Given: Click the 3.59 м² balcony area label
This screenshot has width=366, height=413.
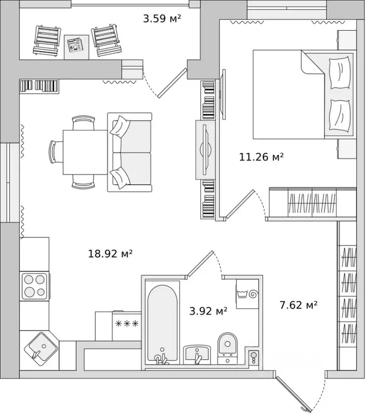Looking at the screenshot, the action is pyautogui.click(x=162, y=18).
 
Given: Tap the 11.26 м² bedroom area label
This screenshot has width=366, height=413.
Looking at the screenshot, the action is pyautogui.click(x=261, y=157).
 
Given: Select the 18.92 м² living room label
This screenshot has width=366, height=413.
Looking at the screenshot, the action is pyautogui.click(x=110, y=254).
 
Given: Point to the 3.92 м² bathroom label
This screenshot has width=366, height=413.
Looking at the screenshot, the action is pyautogui.click(x=208, y=311).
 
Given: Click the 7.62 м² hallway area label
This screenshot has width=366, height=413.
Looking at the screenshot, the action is pyautogui.click(x=298, y=305).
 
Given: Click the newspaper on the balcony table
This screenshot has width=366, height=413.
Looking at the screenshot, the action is pyautogui.click(x=75, y=45).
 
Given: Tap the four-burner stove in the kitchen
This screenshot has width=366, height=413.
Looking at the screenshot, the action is pyautogui.click(x=35, y=286).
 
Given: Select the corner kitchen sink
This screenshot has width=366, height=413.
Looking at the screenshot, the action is pyautogui.click(x=41, y=349).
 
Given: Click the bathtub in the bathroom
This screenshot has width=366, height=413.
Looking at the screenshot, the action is pyautogui.click(x=162, y=322).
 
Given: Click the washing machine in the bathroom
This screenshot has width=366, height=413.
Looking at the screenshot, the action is pyautogui.click(x=247, y=294).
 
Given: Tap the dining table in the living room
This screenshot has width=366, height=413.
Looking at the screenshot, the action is pyautogui.click(x=85, y=152).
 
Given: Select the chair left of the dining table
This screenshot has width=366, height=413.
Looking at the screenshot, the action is pyautogui.click(x=56, y=152).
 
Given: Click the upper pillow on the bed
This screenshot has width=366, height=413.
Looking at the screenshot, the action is pyautogui.click(x=340, y=73).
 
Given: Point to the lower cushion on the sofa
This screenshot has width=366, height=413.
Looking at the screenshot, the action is pyautogui.click(x=120, y=178).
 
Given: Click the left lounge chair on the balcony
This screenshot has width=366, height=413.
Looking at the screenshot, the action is pyautogui.click(x=47, y=40).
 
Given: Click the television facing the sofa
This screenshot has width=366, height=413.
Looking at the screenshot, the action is pyautogui.click(x=206, y=150).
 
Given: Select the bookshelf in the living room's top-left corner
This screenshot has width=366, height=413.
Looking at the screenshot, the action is pyautogui.click(x=39, y=86).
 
